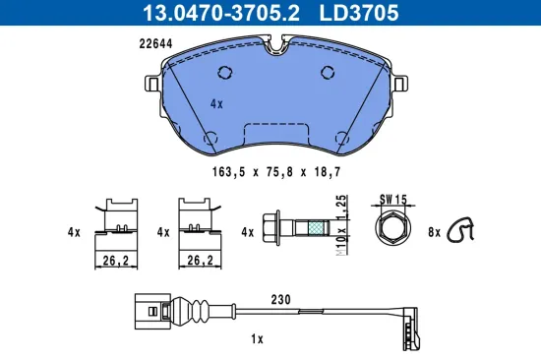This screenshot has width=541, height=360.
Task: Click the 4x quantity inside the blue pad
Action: [x=216, y=101]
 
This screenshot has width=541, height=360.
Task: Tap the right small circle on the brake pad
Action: [x=328, y=73]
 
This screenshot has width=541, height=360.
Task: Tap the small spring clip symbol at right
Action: [x=460, y=230]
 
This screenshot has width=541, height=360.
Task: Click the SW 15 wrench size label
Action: [x=392, y=198]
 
